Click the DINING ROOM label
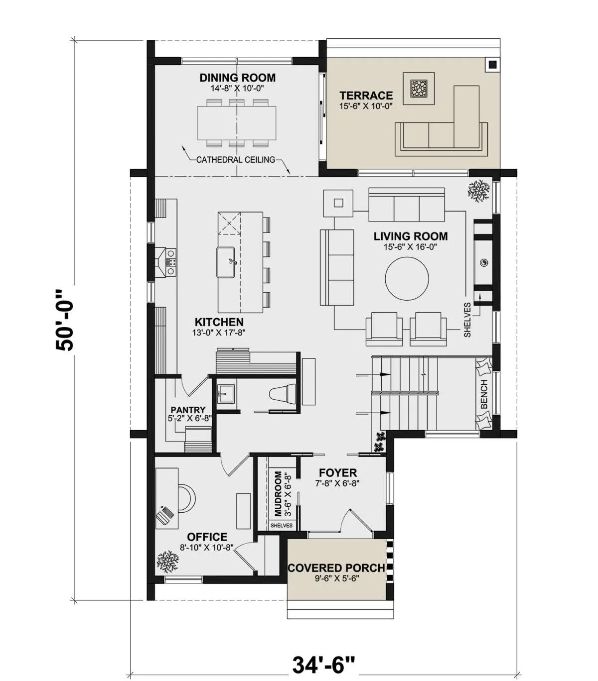click(x=237, y=78)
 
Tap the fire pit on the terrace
click(x=419, y=89)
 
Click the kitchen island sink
click(x=225, y=262)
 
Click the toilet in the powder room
click(x=283, y=394)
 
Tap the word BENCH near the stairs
click(x=484, y=394)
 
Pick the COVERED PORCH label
click(x=336, y=567)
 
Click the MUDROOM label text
click(x=278, y=493)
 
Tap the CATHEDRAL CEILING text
click(x=236, y=160)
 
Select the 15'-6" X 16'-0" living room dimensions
click(x=410, y=247)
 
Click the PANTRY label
click(x=188, y=410)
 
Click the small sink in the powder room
click(x=226, y=393)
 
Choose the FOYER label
click(x=338, y=472)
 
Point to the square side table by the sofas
click(x=338, y=204)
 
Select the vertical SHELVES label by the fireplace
click(x=467, y=320)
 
